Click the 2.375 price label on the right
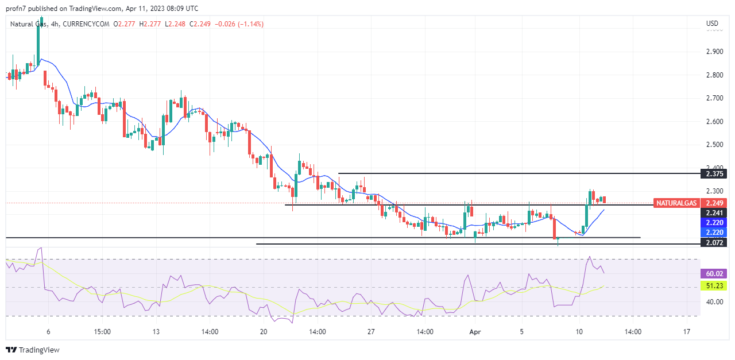point(714,173)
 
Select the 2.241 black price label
point(714,212)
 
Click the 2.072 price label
point(714,243)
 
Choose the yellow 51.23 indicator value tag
point(714,285)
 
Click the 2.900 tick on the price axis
point(714,52)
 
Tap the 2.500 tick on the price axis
point(714,145)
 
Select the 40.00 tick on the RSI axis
point(714,302)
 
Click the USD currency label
point(712,24)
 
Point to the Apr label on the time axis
point(475,332)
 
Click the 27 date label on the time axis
point(371,332)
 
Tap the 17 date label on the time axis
point(687,332)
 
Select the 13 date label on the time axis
point(156,332)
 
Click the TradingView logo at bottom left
point(33,350)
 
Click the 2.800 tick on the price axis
point(714,75)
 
